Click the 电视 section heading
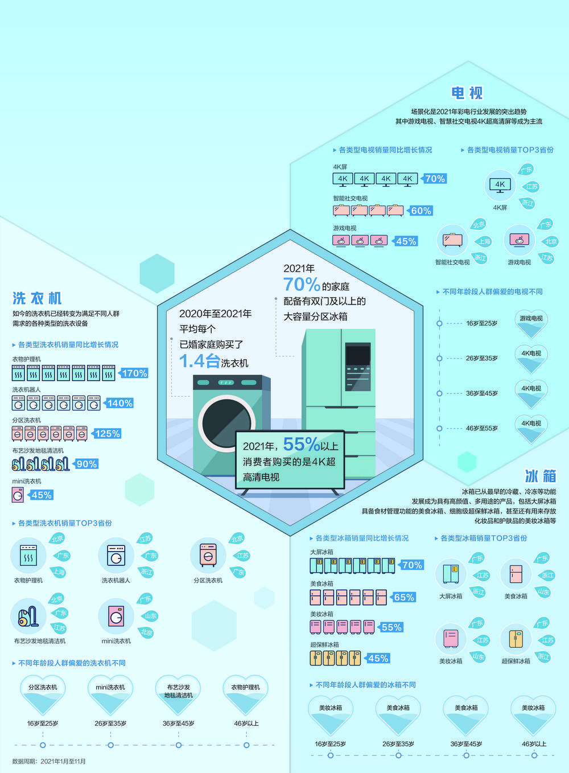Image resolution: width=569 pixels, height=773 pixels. point(467,93)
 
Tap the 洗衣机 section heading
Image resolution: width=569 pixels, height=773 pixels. point(37,298)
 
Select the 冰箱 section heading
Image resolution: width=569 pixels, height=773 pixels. point(540,476)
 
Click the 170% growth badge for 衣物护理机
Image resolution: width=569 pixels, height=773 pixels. point(134,373)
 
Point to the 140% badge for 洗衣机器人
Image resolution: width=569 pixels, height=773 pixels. point(119,403)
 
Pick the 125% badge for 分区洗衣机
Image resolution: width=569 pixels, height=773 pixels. point(107,434)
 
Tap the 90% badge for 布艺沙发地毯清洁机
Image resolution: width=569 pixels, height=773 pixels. point(86,464)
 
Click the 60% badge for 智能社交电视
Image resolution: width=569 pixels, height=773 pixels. point(420,211)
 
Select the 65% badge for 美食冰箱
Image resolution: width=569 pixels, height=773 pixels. point(403,597)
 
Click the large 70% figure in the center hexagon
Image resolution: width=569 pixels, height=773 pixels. point(302,283)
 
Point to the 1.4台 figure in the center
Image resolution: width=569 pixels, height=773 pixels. point(199,361)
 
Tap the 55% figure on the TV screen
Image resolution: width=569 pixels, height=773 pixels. point(302,444)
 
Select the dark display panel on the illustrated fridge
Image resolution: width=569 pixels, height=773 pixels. point(357,355)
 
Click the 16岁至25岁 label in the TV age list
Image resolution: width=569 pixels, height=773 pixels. point(481,323)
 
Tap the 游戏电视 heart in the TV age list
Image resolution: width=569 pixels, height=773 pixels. point(531,322)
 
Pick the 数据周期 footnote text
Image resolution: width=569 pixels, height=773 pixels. point(49,761)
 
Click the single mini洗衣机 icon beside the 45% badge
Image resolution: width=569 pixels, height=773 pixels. point(18,495)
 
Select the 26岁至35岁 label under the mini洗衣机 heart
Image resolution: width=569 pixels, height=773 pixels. point(110,723)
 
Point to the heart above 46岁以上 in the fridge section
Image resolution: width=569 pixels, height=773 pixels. point(533,714)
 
